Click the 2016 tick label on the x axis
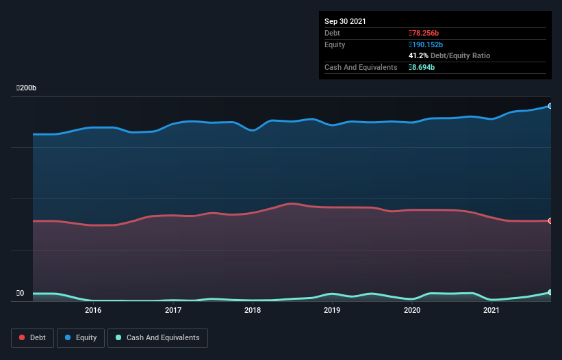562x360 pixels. (93, 310)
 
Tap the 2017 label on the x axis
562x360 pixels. (173, 310)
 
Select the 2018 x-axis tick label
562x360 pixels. (253, 310)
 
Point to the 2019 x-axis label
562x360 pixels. (332, 310)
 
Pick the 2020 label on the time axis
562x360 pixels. (412, 310)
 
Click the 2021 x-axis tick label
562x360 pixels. (491, 310)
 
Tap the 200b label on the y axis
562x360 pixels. (27, 88)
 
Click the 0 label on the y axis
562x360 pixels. (21, 294)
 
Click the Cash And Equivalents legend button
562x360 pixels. (157, 337)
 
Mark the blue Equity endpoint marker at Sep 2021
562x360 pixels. (550, 106)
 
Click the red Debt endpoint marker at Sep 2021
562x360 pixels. (550, 220)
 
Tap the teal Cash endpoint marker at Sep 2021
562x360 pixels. (550, 292)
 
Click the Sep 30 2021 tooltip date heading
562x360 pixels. (345, 21)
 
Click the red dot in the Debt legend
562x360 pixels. (23, 337)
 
